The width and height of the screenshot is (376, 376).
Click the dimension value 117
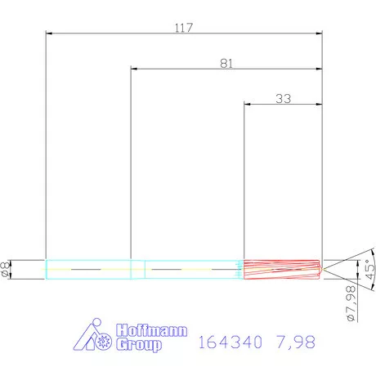[x=183, y=28]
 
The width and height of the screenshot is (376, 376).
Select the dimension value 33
[x=283, y=98]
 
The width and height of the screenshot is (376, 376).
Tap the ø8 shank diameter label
[x=7, y=269]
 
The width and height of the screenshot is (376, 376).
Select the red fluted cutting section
[x=283, y=269]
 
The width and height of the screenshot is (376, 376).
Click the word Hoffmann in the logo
[x=153, y=331]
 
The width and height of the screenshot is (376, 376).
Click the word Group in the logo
[x=140, y=345]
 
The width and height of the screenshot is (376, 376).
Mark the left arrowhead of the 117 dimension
[x=49, y=34]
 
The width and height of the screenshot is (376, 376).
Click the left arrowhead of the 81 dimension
[x=134, y=69]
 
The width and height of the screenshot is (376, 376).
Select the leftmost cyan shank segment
[x=88, y=269]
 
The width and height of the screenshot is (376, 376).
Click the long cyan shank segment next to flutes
[x=195, y=269]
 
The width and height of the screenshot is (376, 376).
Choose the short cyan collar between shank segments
[x=138, y=269]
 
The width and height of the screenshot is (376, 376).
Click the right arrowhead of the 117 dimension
[x=319, y=34]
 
